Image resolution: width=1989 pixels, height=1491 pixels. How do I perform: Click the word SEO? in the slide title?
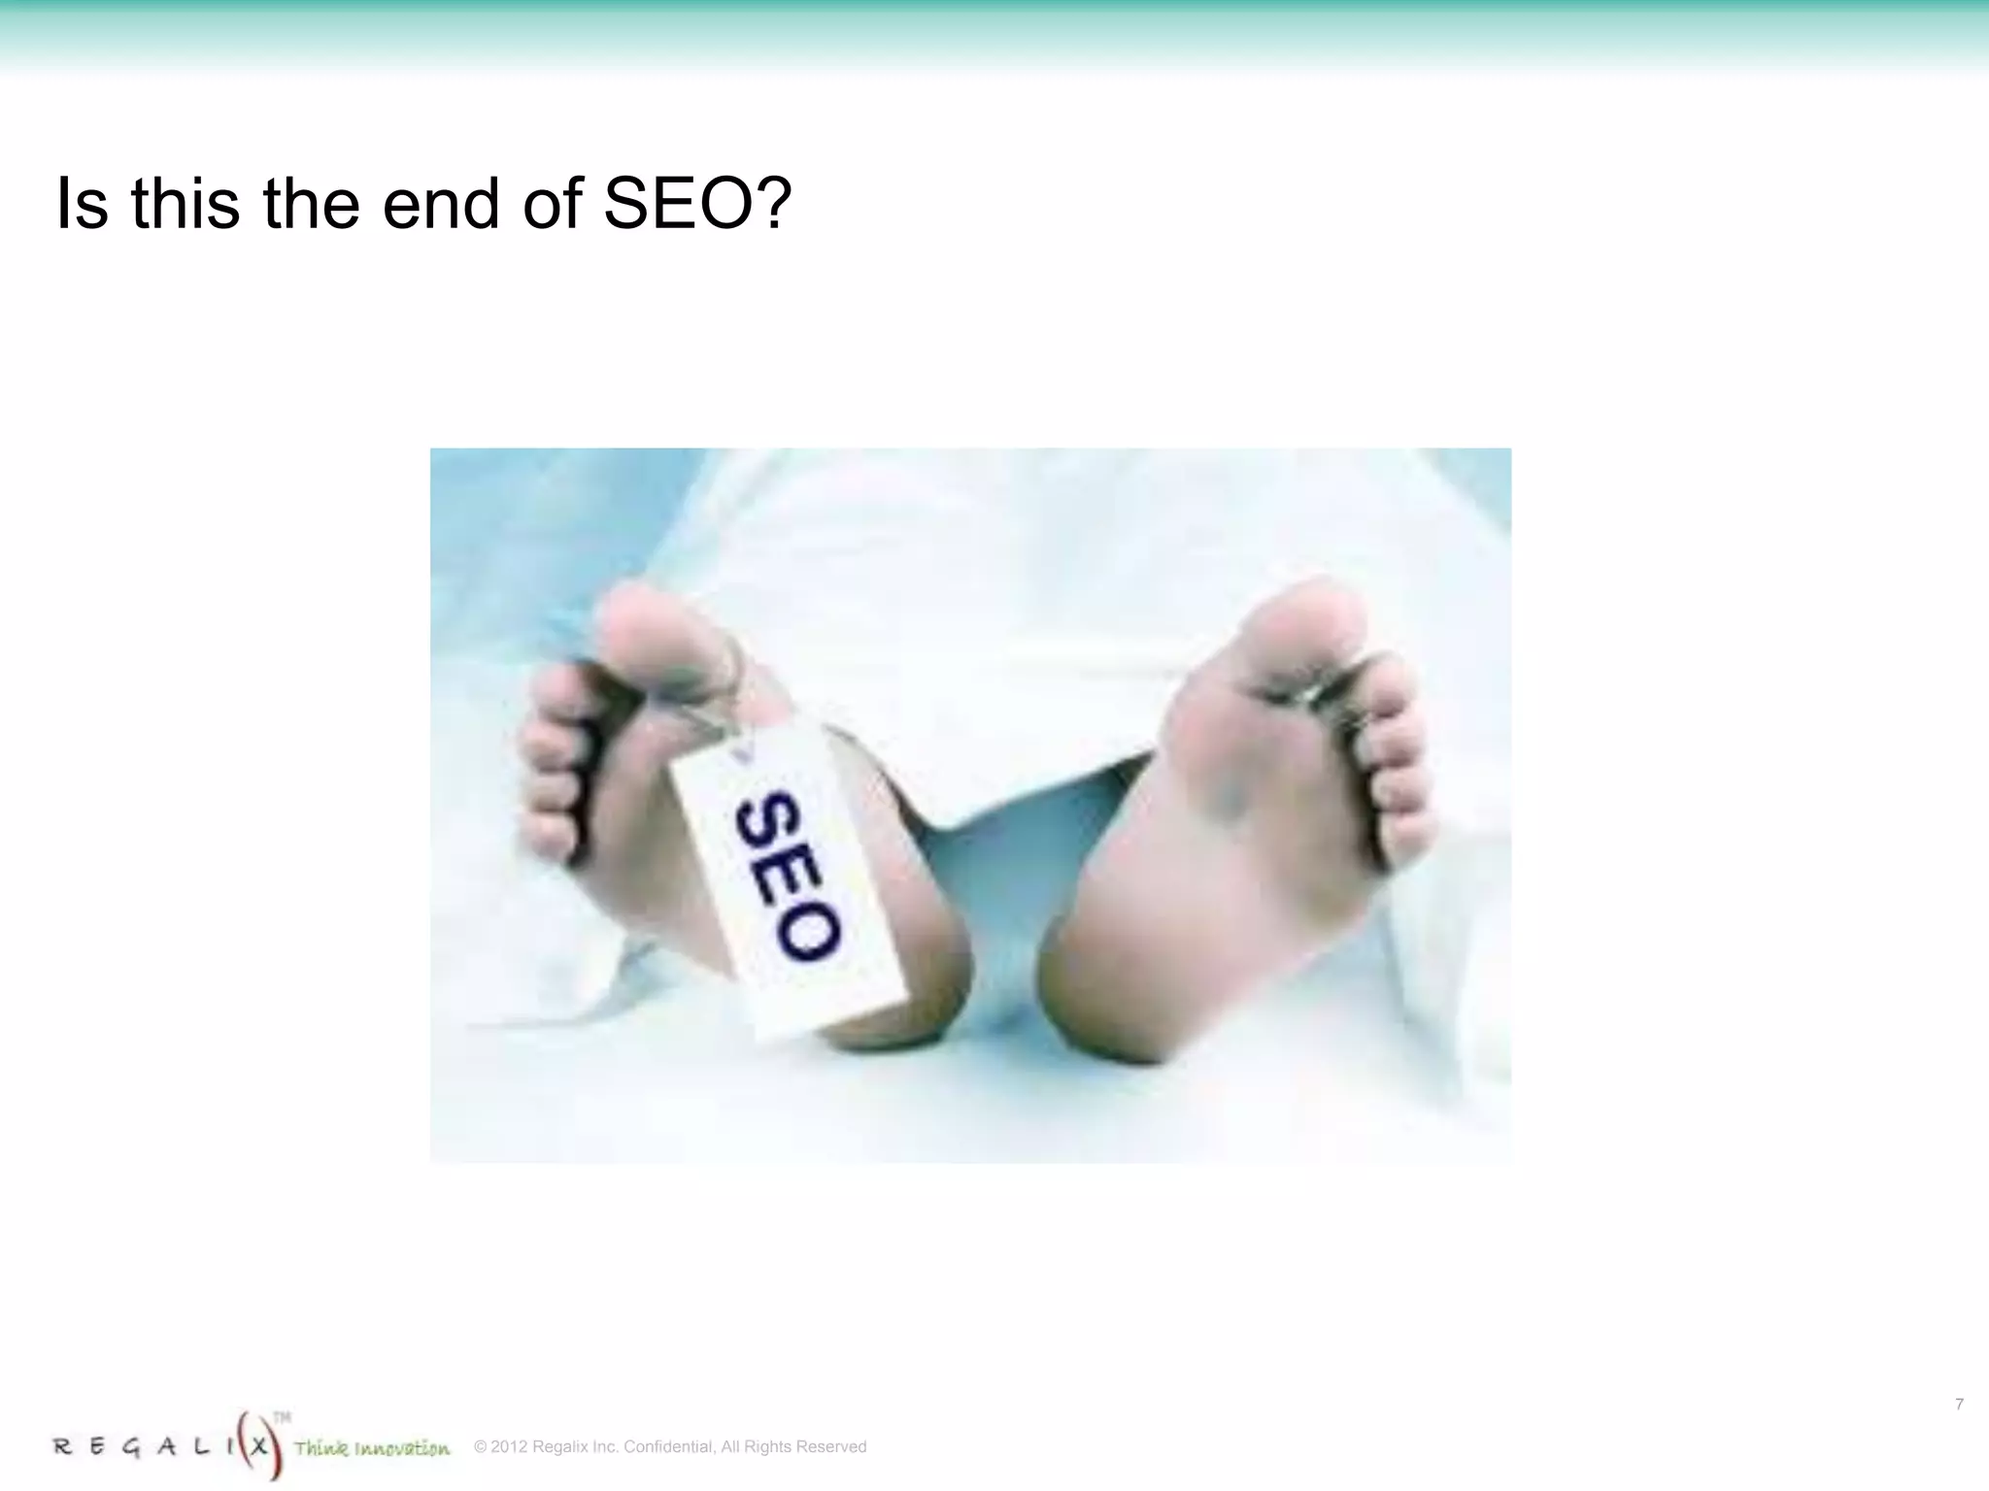coord(697,204)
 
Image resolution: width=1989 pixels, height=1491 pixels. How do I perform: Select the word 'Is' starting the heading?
coord(82,204)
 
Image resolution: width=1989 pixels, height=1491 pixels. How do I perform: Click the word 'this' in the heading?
coord(185,204)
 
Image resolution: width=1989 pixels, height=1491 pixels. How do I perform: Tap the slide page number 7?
coord(1959,1405)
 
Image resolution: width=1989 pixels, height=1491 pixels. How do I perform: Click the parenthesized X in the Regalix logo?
coord(259,1445)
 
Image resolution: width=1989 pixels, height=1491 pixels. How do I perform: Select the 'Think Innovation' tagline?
coord(372,1449)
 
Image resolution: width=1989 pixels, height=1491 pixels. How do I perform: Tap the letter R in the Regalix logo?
coord(63,1447)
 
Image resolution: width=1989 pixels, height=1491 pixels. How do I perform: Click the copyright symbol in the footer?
coord(480,1446)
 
